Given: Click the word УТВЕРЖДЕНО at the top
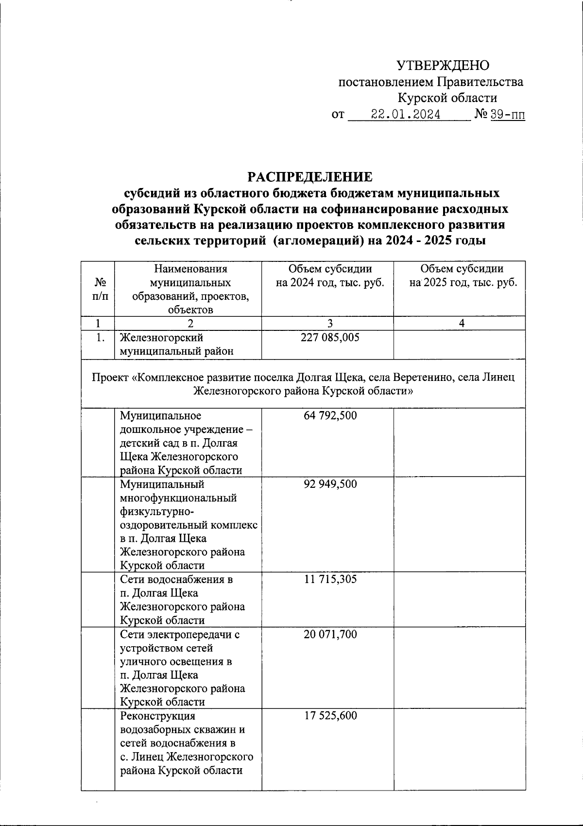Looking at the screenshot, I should click(443, 65).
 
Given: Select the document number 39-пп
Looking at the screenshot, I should click(508, 115).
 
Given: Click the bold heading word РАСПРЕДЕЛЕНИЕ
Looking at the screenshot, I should click(310, 176).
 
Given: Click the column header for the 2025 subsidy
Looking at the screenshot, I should click(462, 276).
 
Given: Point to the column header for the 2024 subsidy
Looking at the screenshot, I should click(330, 276).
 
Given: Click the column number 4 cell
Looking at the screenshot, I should click(462, 323).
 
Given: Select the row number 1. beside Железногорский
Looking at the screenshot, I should click(101, 337).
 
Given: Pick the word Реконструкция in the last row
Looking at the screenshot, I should click(157, 716).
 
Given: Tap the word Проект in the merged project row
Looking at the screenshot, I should click(112, 377).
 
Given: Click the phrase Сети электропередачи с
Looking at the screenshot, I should click(180, 634).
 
